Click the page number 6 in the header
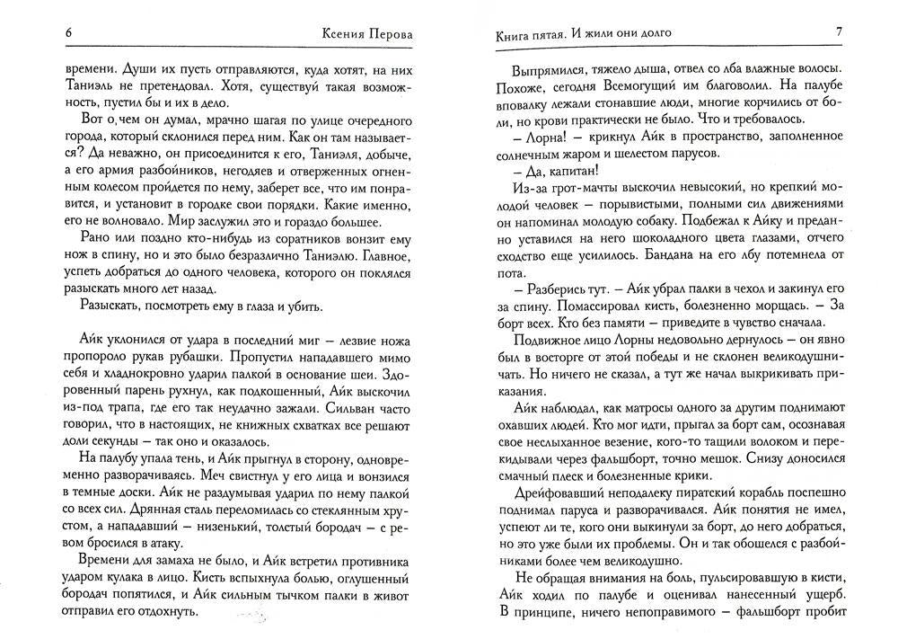[69, 33]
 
